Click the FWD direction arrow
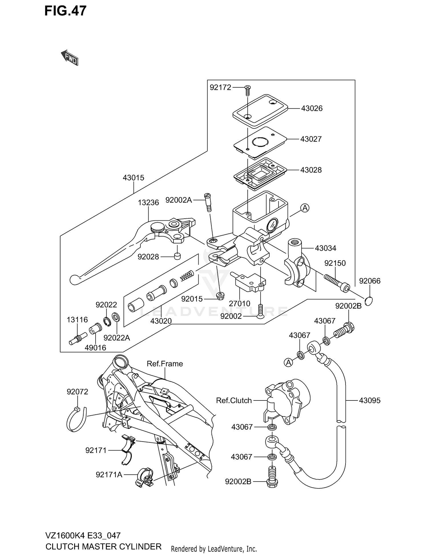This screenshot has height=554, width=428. pyautogui.click(x=70, y=57)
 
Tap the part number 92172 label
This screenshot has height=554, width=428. pyautogui.click(x=220, y=87)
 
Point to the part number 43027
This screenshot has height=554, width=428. pyautogui.click(x=311, y=139)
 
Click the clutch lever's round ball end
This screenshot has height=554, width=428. pyautogui.click(x=74, y=279)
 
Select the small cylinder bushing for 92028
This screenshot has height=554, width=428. pyautogui.click(x=178, y=256)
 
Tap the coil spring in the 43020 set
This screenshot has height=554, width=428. pyautogui.click(x=187, y=276)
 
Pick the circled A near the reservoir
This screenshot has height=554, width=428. pyautogui.click(x=305, y=208)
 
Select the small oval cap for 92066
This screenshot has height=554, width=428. pyautogui.click(x=368, y=301)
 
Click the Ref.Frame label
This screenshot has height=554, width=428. pyautogui.click(x=165, y=364)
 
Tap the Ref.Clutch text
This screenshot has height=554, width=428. pyautogui.click(x=234, y=400)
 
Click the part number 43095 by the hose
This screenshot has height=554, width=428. pyautogui.click(x=370, y=400)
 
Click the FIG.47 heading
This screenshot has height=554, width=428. pyautogui.click(x=65, y=11)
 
